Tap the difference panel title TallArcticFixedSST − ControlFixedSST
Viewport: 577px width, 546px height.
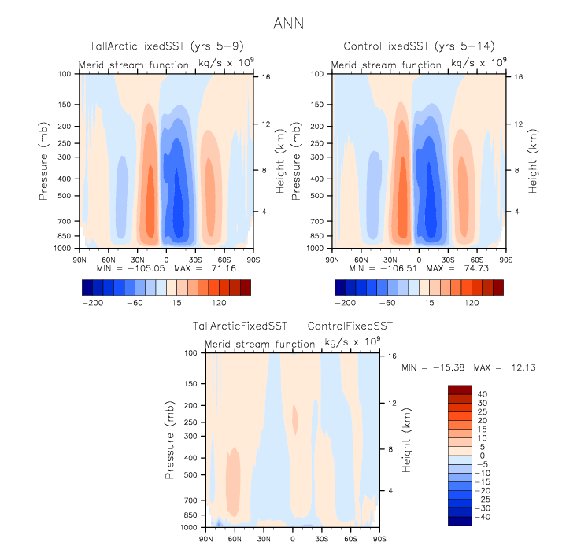292,326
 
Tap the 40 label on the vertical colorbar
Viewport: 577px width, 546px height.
482,394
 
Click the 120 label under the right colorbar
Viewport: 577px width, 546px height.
470,302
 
